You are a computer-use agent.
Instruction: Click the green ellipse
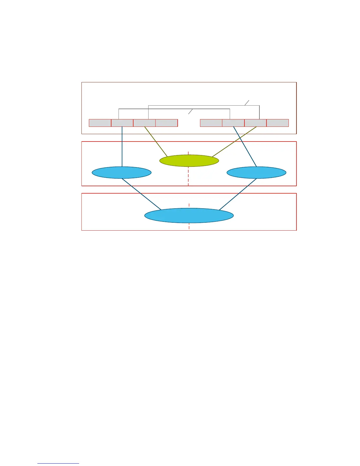tap(189, 161)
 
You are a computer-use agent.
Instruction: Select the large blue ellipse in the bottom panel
tap(189, 216)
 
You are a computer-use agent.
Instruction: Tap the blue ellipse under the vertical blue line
tap(121, 172)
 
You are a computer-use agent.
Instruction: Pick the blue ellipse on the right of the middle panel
tap(256, 172)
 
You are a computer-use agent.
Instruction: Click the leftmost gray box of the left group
tap(100, 123)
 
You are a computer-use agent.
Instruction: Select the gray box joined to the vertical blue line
tap(122, 123)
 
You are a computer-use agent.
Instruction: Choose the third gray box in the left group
tap(144, 123)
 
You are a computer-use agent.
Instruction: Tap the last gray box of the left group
tap(166, 123)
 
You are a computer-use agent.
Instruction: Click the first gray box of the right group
tap(211, 123)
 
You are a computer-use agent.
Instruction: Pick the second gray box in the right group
tap(233, 123)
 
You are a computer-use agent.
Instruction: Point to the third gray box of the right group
tap(256, 123)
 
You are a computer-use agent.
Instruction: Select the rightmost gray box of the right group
tap(278, 123)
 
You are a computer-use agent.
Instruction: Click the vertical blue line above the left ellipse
tap(122, 147)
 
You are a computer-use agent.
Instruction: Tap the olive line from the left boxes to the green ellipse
tap(156, 142)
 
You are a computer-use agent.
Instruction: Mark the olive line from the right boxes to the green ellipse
tap(235, 142)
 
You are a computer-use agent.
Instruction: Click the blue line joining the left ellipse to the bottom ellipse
tap(141, 194)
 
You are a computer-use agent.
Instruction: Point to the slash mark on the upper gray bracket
tap(247, 103)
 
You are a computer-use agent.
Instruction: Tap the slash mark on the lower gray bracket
tap(191, 111)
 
